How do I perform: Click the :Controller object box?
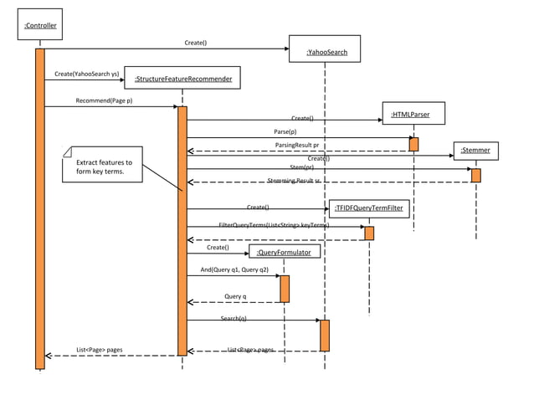(x=40, y=26)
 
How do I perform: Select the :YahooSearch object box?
(x=324, y=49)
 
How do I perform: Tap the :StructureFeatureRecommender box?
(x=182, y=79)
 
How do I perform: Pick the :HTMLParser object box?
(x=412, y=113)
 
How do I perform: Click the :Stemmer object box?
(x=475, y=151)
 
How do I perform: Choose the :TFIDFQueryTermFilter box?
(x=371, y=208)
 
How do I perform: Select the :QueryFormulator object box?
(x=285, y=250)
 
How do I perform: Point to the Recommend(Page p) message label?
(x=104, y=100)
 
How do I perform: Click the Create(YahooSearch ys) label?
(x=85, y=74)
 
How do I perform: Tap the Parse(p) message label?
(x=285, y=131)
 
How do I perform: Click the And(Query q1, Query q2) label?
(x=234, y=270)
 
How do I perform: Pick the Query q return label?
(x=236, y=296)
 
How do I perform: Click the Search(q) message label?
(x=234, y=319)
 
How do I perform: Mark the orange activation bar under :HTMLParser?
(x=413, y=144)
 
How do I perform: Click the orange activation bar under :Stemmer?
(x=475, y=175)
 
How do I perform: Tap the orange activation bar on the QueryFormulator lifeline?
(x=285, y=289)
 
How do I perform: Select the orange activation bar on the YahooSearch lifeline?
(x=325, y=335)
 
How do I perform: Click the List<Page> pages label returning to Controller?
(x=100, y=350)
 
